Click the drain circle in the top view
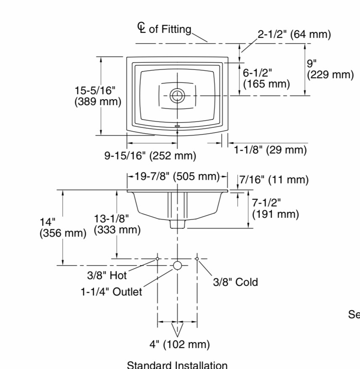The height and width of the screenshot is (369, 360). [177, 95]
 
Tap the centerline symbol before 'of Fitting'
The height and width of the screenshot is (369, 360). [142, 28]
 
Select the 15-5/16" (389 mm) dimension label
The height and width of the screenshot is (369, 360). [98, 96]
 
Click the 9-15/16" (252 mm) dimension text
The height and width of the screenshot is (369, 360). [150, 156]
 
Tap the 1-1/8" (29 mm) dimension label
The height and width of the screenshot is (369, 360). [270, 150]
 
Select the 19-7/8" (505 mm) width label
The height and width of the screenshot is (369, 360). [177, 176]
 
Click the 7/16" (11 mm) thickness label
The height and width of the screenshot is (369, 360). [274, 180]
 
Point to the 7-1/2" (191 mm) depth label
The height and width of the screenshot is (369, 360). [275, 208]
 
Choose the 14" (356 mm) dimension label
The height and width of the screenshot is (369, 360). [63, 227]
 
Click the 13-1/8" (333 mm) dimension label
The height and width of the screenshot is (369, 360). [117, 224]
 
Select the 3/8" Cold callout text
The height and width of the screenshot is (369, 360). [235, 282]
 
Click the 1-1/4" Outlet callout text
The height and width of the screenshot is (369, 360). [111, 292]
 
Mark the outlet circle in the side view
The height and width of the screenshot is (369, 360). [177, 265]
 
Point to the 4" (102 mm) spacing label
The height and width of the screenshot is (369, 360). [180, 345]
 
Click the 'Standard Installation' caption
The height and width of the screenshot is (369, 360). [177, 364]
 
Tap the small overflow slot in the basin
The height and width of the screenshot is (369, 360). [177, 125]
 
